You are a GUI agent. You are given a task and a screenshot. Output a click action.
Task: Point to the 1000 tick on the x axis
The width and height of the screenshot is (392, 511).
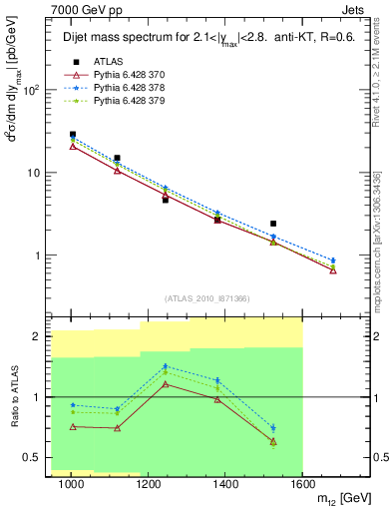click(x=72, y=485)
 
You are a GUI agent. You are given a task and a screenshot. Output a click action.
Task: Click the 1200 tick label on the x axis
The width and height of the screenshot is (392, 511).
click(x=149, y=485)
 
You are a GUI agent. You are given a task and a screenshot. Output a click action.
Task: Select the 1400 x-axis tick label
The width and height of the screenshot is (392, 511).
click(x=225, y=485)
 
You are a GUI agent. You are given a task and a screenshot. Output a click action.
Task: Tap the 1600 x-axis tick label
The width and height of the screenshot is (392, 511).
click(x=302, y=485)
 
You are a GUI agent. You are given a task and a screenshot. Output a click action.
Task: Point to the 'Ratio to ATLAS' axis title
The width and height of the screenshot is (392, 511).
click(x=12, y=397)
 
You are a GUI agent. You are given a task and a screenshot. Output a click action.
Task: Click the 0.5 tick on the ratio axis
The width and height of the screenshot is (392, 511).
click(x=34, y=457)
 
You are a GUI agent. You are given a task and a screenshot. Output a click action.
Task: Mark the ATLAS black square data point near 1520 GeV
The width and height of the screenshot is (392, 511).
click(x=273, y=224)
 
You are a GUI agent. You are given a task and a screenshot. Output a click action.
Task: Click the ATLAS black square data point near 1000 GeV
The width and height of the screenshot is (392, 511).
click(x=73, y=134)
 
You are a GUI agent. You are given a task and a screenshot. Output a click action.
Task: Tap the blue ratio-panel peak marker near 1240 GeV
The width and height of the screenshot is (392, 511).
click(x=166, y=366)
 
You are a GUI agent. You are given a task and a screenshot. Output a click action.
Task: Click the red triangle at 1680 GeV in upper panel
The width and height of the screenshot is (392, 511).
click(x=333, y=270)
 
